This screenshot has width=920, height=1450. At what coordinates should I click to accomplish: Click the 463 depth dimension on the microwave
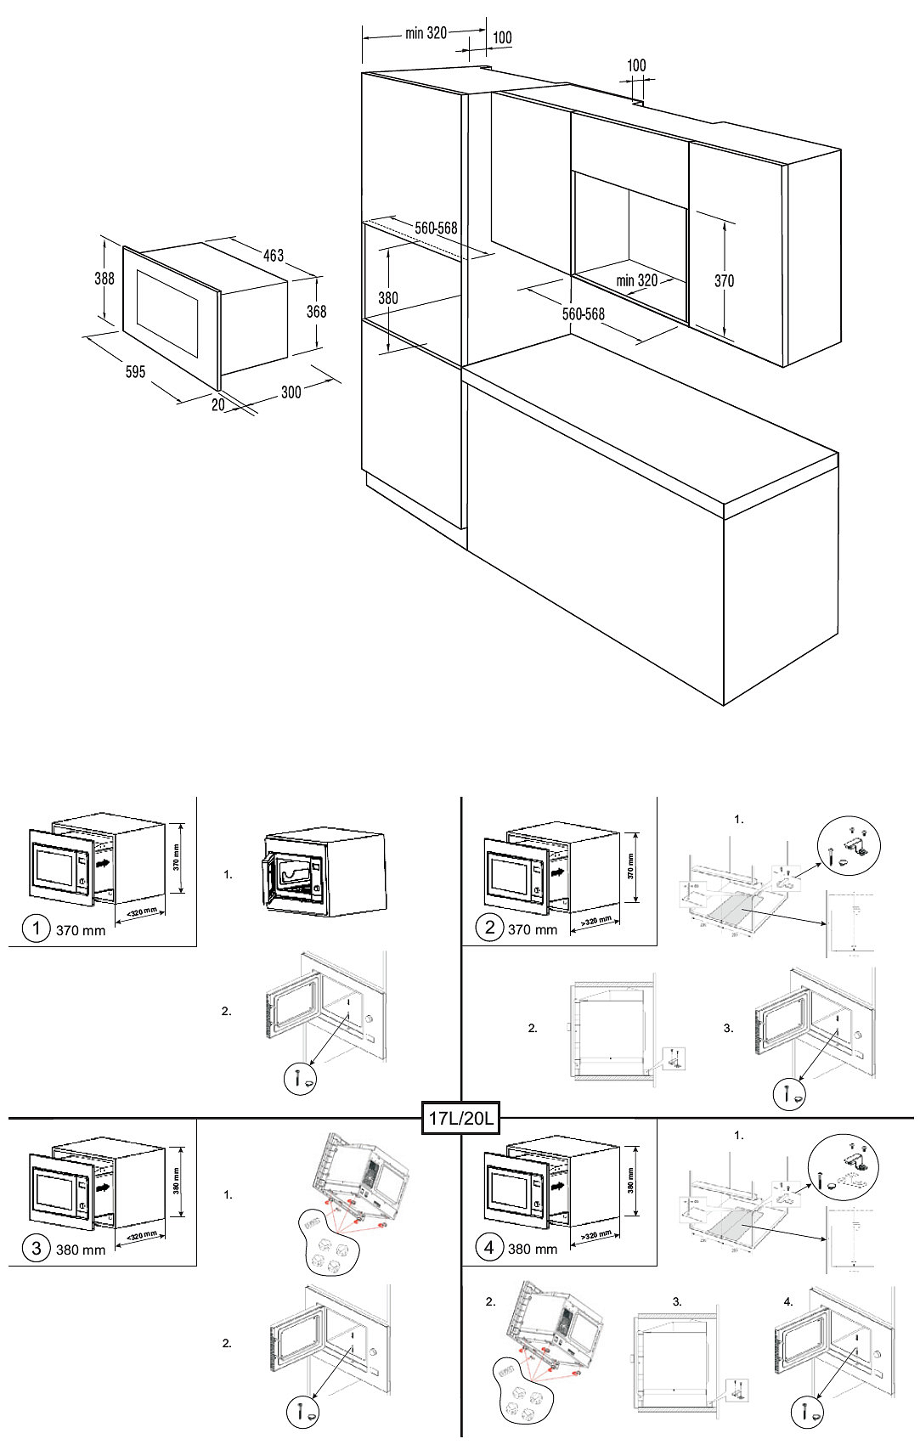click(x=274, y=255)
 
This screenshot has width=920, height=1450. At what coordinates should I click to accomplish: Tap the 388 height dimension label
click(x=104, y=278)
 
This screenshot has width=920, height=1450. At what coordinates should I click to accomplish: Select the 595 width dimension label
click(x=135, y=372)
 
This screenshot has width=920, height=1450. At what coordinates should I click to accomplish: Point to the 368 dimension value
click(x=316, y=312)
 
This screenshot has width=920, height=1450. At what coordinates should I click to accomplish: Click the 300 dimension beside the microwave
click(x=291, y=392)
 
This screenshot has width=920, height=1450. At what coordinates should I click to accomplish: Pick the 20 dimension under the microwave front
click(x=218, y=405)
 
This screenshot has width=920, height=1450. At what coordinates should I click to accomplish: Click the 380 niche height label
click(x=387, y=298)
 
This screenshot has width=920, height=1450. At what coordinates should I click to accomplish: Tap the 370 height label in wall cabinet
click(x=724, y=280)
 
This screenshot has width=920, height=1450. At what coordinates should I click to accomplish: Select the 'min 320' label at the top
click(x=426, y=33)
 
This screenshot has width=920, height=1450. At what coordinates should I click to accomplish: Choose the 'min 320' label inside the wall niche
click(x=637, y=280)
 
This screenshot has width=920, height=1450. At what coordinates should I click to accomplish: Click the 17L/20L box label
click(x=460, y=1118)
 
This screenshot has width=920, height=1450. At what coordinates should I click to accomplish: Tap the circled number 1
click(x=36, y=928)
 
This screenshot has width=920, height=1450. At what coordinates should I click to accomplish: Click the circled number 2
click(x=489, y=927)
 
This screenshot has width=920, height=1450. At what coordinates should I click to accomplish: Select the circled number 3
click(x=36, y=1247)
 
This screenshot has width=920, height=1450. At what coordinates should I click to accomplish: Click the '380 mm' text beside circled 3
click(x=81, y=1250)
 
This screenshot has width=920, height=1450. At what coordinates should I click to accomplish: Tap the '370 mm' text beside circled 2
click(x=533, y=929)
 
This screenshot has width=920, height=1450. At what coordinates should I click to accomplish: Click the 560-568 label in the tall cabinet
click(x=436, y=229)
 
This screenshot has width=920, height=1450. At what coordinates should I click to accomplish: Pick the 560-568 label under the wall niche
click(x=584, y=314)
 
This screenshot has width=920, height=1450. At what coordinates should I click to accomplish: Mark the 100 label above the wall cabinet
click(x=636, y=65)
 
